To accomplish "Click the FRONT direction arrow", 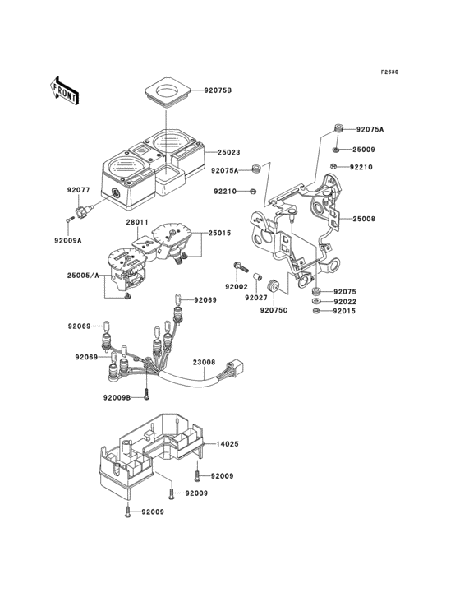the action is point(64,91).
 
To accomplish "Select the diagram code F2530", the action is point(389,72).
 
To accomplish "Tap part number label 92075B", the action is point(218,91).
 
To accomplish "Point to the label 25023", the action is point(229,152).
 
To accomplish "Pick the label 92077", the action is point(79,190).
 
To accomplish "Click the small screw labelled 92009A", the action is point(69,220).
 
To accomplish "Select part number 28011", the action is point(137,222).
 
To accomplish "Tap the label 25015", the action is point(219,233).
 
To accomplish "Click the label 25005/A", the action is point(83,276).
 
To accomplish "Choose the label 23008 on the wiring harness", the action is point(204,362).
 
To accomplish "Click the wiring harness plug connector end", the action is point(236,366).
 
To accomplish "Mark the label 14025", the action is point(228,444).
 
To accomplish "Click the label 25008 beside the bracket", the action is point(364,219).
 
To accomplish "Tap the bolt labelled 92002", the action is point(241,266).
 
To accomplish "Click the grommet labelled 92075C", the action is point(274,286).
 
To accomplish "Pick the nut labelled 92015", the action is point(316,311).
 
